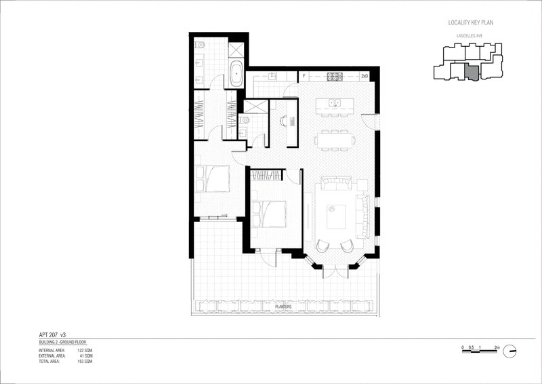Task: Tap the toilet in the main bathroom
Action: [x=199, y=45]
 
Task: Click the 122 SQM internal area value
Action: [x=83, y=349]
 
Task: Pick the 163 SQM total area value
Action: [x=83, y=362]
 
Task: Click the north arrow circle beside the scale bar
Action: [x=511, y=351]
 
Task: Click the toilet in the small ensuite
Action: [x=245, y=121]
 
